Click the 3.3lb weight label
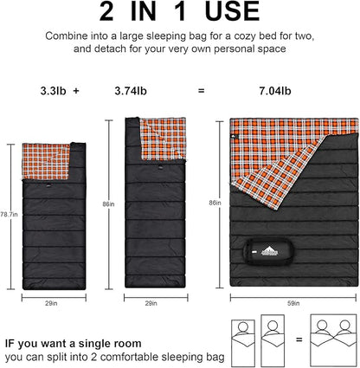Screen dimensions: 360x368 [x=53, y=91]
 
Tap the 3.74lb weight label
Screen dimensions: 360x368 [x=131, y=91]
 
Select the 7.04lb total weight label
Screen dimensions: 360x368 [x=275, y=91]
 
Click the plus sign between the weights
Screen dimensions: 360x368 [x=76, y=91]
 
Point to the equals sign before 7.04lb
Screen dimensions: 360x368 [x=202, y=91]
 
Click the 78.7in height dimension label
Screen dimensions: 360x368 [x=9, y=215]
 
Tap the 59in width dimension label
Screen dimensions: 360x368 [x=293, y=303]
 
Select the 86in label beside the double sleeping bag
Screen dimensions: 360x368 [x=215, y=203]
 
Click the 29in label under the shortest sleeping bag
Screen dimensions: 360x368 [x=51, y=303]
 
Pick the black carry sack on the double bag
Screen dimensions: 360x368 [x=269, y=251]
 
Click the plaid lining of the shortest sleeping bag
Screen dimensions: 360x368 [x=46, y=161]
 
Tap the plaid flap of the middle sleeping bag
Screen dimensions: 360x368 [x=164, y=139]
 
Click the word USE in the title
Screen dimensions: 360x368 [x=232, y=11]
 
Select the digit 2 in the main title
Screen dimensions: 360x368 [x=106, y=11]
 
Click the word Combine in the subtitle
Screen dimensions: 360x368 [x=67, y=36]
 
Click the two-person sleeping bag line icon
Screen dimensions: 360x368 [x=333, y=340]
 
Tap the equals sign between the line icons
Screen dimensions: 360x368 [x=299, y=339]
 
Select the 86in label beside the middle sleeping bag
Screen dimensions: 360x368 [x=108, y=204]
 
